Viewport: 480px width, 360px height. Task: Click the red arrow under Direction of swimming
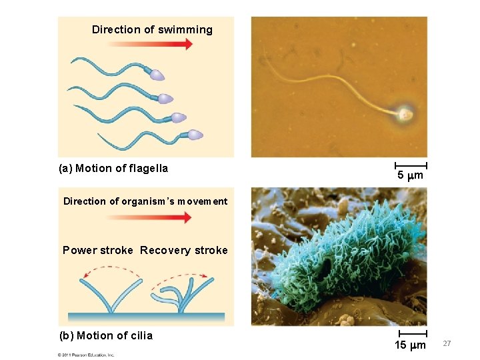pos(149,45)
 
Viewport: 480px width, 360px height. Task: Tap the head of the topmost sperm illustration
pos(157,75)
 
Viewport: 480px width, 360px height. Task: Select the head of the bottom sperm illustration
pos(195,135)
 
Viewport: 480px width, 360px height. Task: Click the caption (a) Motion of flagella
pos(113,169)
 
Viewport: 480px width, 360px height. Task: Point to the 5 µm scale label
pos(411,177)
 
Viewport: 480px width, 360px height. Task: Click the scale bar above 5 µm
pos(411,164)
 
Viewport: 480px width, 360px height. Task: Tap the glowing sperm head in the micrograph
pos(405,115)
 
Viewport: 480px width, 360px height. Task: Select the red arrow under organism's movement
pos(149,217)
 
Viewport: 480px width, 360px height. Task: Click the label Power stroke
pos(97,251)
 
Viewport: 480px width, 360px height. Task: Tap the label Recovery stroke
pos(184,251)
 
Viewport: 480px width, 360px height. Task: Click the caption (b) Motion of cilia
pos(106,336)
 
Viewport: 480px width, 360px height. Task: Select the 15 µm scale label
pos(410,345)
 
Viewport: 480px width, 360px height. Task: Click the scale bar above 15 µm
pos(411,332)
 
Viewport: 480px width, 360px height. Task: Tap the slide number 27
pos(447,343)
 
